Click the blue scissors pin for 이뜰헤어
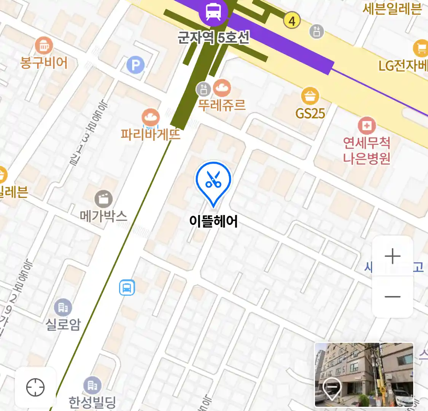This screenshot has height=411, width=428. click(213, 181)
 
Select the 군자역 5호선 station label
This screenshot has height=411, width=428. click(213, 37)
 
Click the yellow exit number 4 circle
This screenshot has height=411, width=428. click(292, 21)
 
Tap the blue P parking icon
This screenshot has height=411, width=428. click(135, 65)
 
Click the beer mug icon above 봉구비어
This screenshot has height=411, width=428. click(44, 46)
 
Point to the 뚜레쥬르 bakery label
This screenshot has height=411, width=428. click(222, 104)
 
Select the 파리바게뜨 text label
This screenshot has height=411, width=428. click(150, 134)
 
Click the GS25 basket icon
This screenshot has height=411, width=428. click(310, 96)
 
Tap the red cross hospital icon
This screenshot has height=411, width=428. click(367, 126)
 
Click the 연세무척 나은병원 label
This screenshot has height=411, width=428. click(367, 150)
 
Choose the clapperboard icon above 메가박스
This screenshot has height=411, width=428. click(103, 199)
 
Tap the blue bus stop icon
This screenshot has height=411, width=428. click(127, 287)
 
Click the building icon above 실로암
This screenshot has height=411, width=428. click(63, 307)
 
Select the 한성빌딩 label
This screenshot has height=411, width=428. click(92, 401)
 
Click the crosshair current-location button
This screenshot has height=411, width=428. click(35, 388)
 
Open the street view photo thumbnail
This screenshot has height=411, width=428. click(364, 375)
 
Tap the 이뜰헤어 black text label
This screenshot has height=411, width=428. click(213, 221)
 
